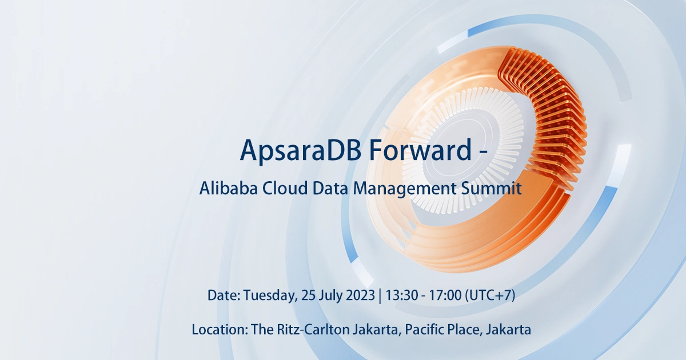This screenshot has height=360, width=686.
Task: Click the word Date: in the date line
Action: click(x=224, y=296)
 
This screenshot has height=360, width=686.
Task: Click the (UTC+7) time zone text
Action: click(x=490, y=296)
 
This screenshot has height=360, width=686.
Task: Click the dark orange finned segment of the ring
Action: click(x=549, y=114)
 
